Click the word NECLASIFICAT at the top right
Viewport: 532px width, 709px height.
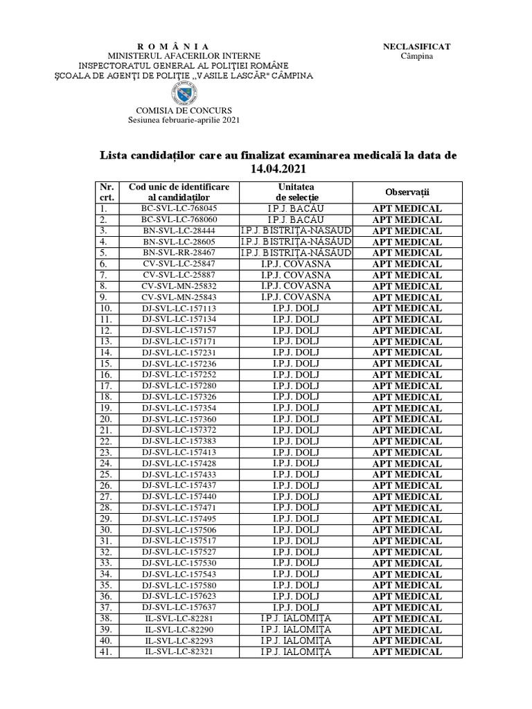[x=416, y=46]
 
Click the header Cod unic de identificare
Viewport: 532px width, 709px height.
[x=179, y=187]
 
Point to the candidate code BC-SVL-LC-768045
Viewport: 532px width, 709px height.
[x=179, y=208]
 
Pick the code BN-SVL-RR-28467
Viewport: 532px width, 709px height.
[x=179, y=253]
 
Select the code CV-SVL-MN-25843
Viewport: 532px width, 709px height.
[x=179, y=297]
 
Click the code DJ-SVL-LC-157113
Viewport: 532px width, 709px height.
[x=179, y=308]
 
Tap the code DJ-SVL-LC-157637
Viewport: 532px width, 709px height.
[x=179, y=607]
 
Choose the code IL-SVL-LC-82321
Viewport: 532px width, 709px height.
[x=179, y=652]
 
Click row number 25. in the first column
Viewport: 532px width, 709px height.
[x=106, y=474]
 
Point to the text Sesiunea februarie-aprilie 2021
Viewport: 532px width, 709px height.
[x=184, y=120]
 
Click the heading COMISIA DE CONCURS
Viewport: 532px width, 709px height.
[x=184, y=110]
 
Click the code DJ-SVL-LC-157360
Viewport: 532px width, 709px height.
[x=179, y=419]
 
